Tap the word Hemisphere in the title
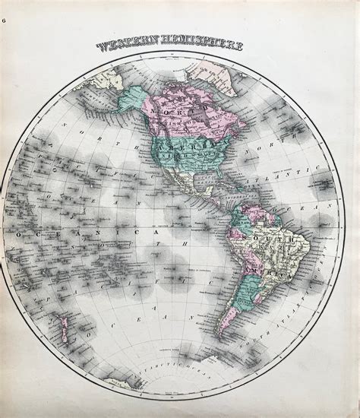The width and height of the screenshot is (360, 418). [203, 46]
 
